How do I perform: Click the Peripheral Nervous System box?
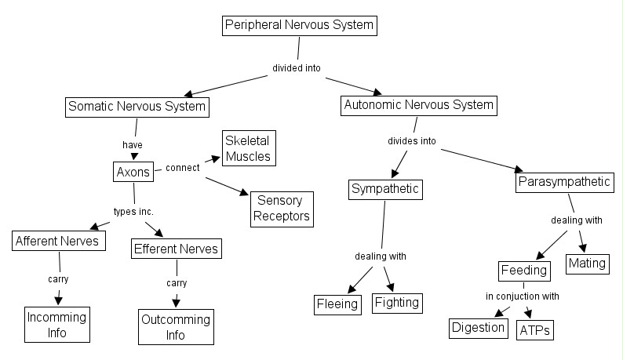point(300,26)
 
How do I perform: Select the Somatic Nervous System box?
point(137,106)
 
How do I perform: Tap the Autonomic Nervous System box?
point(418,105)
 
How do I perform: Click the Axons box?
point(133,172)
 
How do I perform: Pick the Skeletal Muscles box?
point(248,148)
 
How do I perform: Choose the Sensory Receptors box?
point(282,209)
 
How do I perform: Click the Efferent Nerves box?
point(176,249)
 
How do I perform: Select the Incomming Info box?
point(56,325)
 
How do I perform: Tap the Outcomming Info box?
point(175,327)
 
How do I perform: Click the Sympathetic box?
point(385,189)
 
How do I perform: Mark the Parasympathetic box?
point(564,183)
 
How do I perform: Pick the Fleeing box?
point(337,304)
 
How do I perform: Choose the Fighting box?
point(396,302)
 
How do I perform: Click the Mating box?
point(588,263)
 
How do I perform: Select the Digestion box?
point(479,326)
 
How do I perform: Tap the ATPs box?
point(535,329)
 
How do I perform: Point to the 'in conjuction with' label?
point(522,296)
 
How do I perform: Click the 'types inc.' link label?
point(134,213)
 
